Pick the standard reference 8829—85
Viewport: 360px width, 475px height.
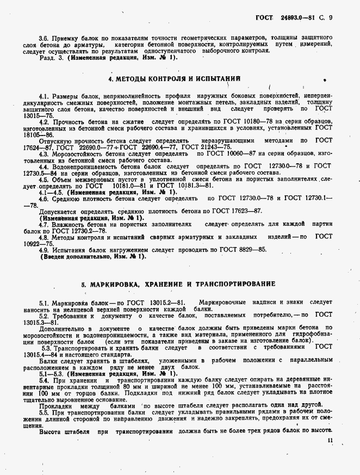click(252, 250)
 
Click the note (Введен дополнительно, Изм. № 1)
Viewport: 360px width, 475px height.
click(93, 256)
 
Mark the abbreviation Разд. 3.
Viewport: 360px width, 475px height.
click(51, 57)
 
